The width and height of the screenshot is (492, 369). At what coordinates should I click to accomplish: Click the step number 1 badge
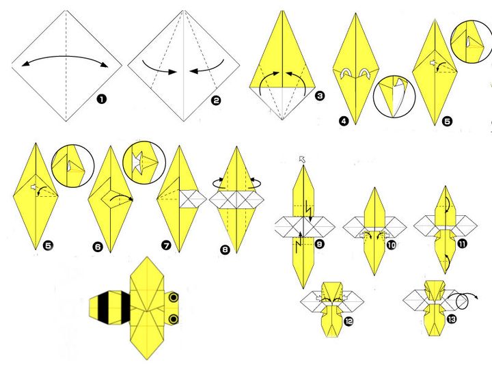[x=101, y=100]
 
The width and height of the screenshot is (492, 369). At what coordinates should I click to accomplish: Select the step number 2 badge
[x=216, y=100]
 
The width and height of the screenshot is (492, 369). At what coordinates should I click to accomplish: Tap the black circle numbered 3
[x=319, y=96]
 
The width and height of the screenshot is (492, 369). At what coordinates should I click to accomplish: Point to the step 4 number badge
[x=344, y=121]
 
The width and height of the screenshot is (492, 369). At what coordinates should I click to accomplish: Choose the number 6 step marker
[x=98, y=247]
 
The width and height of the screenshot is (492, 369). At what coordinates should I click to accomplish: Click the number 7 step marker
[x=166, y=245]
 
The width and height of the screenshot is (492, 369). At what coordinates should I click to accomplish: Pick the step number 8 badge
[x=225, y=250]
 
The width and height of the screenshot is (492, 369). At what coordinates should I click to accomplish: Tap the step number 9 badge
[x=319, y=244]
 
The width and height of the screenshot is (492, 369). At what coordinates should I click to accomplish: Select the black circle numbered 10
[x=392, y=245]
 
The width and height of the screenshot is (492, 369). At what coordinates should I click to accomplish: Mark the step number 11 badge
[x=462, y=243]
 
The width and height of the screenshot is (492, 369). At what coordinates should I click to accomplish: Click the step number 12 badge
[x=348, y=321]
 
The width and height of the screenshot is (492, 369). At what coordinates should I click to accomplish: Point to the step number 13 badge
[x=451, y=319]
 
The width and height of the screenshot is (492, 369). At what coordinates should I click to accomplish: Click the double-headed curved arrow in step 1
[x=66, y=57]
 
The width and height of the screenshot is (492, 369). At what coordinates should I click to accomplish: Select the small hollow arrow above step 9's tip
[x=302, y=159]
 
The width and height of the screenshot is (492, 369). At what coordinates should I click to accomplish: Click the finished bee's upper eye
[x=174, y=297]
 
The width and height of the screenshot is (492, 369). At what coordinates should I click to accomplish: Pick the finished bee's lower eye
[x=174, y=319]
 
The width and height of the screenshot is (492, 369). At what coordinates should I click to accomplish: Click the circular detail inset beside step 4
[x=394, y=96]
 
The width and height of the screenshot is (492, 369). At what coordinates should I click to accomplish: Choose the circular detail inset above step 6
[x=144, y=162]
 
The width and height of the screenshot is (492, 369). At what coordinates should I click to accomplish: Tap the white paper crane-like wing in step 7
[x=193, y=199]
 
